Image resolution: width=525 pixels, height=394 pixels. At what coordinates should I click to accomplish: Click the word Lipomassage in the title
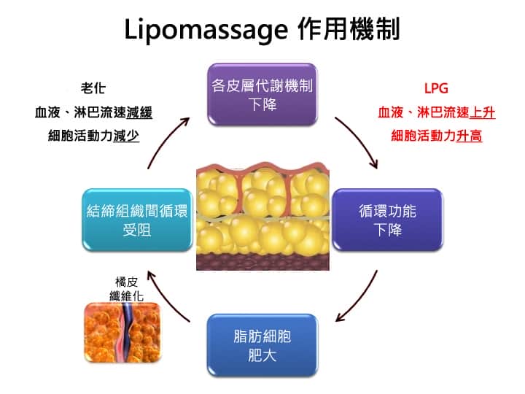tap(206, 30)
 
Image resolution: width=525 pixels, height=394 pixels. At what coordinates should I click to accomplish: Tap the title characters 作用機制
tap(349, 28)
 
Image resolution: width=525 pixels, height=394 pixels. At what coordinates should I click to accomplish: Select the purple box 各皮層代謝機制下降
tap(262, 94)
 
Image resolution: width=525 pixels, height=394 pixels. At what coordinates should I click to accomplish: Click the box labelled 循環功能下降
tap(387, 220)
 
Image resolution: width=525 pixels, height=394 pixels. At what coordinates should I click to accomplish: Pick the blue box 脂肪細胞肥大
tap(262, 345)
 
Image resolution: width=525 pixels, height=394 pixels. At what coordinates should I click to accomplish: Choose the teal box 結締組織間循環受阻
tap(137, 220)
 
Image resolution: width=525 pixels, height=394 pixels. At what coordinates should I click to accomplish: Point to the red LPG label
tap(436, 88)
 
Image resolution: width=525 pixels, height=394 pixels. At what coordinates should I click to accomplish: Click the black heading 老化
tap(93, 88)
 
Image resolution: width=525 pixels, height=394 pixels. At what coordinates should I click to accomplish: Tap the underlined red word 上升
tap(482, 112)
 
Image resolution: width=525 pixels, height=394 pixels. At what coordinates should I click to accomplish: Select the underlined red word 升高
tap(470, 136)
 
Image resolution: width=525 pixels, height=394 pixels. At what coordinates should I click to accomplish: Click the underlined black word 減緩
tap(139, 112)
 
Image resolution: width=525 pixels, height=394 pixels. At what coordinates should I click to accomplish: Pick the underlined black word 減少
tap(126, 136)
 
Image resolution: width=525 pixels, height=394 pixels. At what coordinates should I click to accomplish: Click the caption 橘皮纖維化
tap(127, 289)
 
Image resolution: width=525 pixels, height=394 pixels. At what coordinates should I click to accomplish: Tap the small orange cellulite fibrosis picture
tap(122, 332)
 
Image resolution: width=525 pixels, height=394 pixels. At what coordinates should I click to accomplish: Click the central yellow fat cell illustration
tap(262, 217)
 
